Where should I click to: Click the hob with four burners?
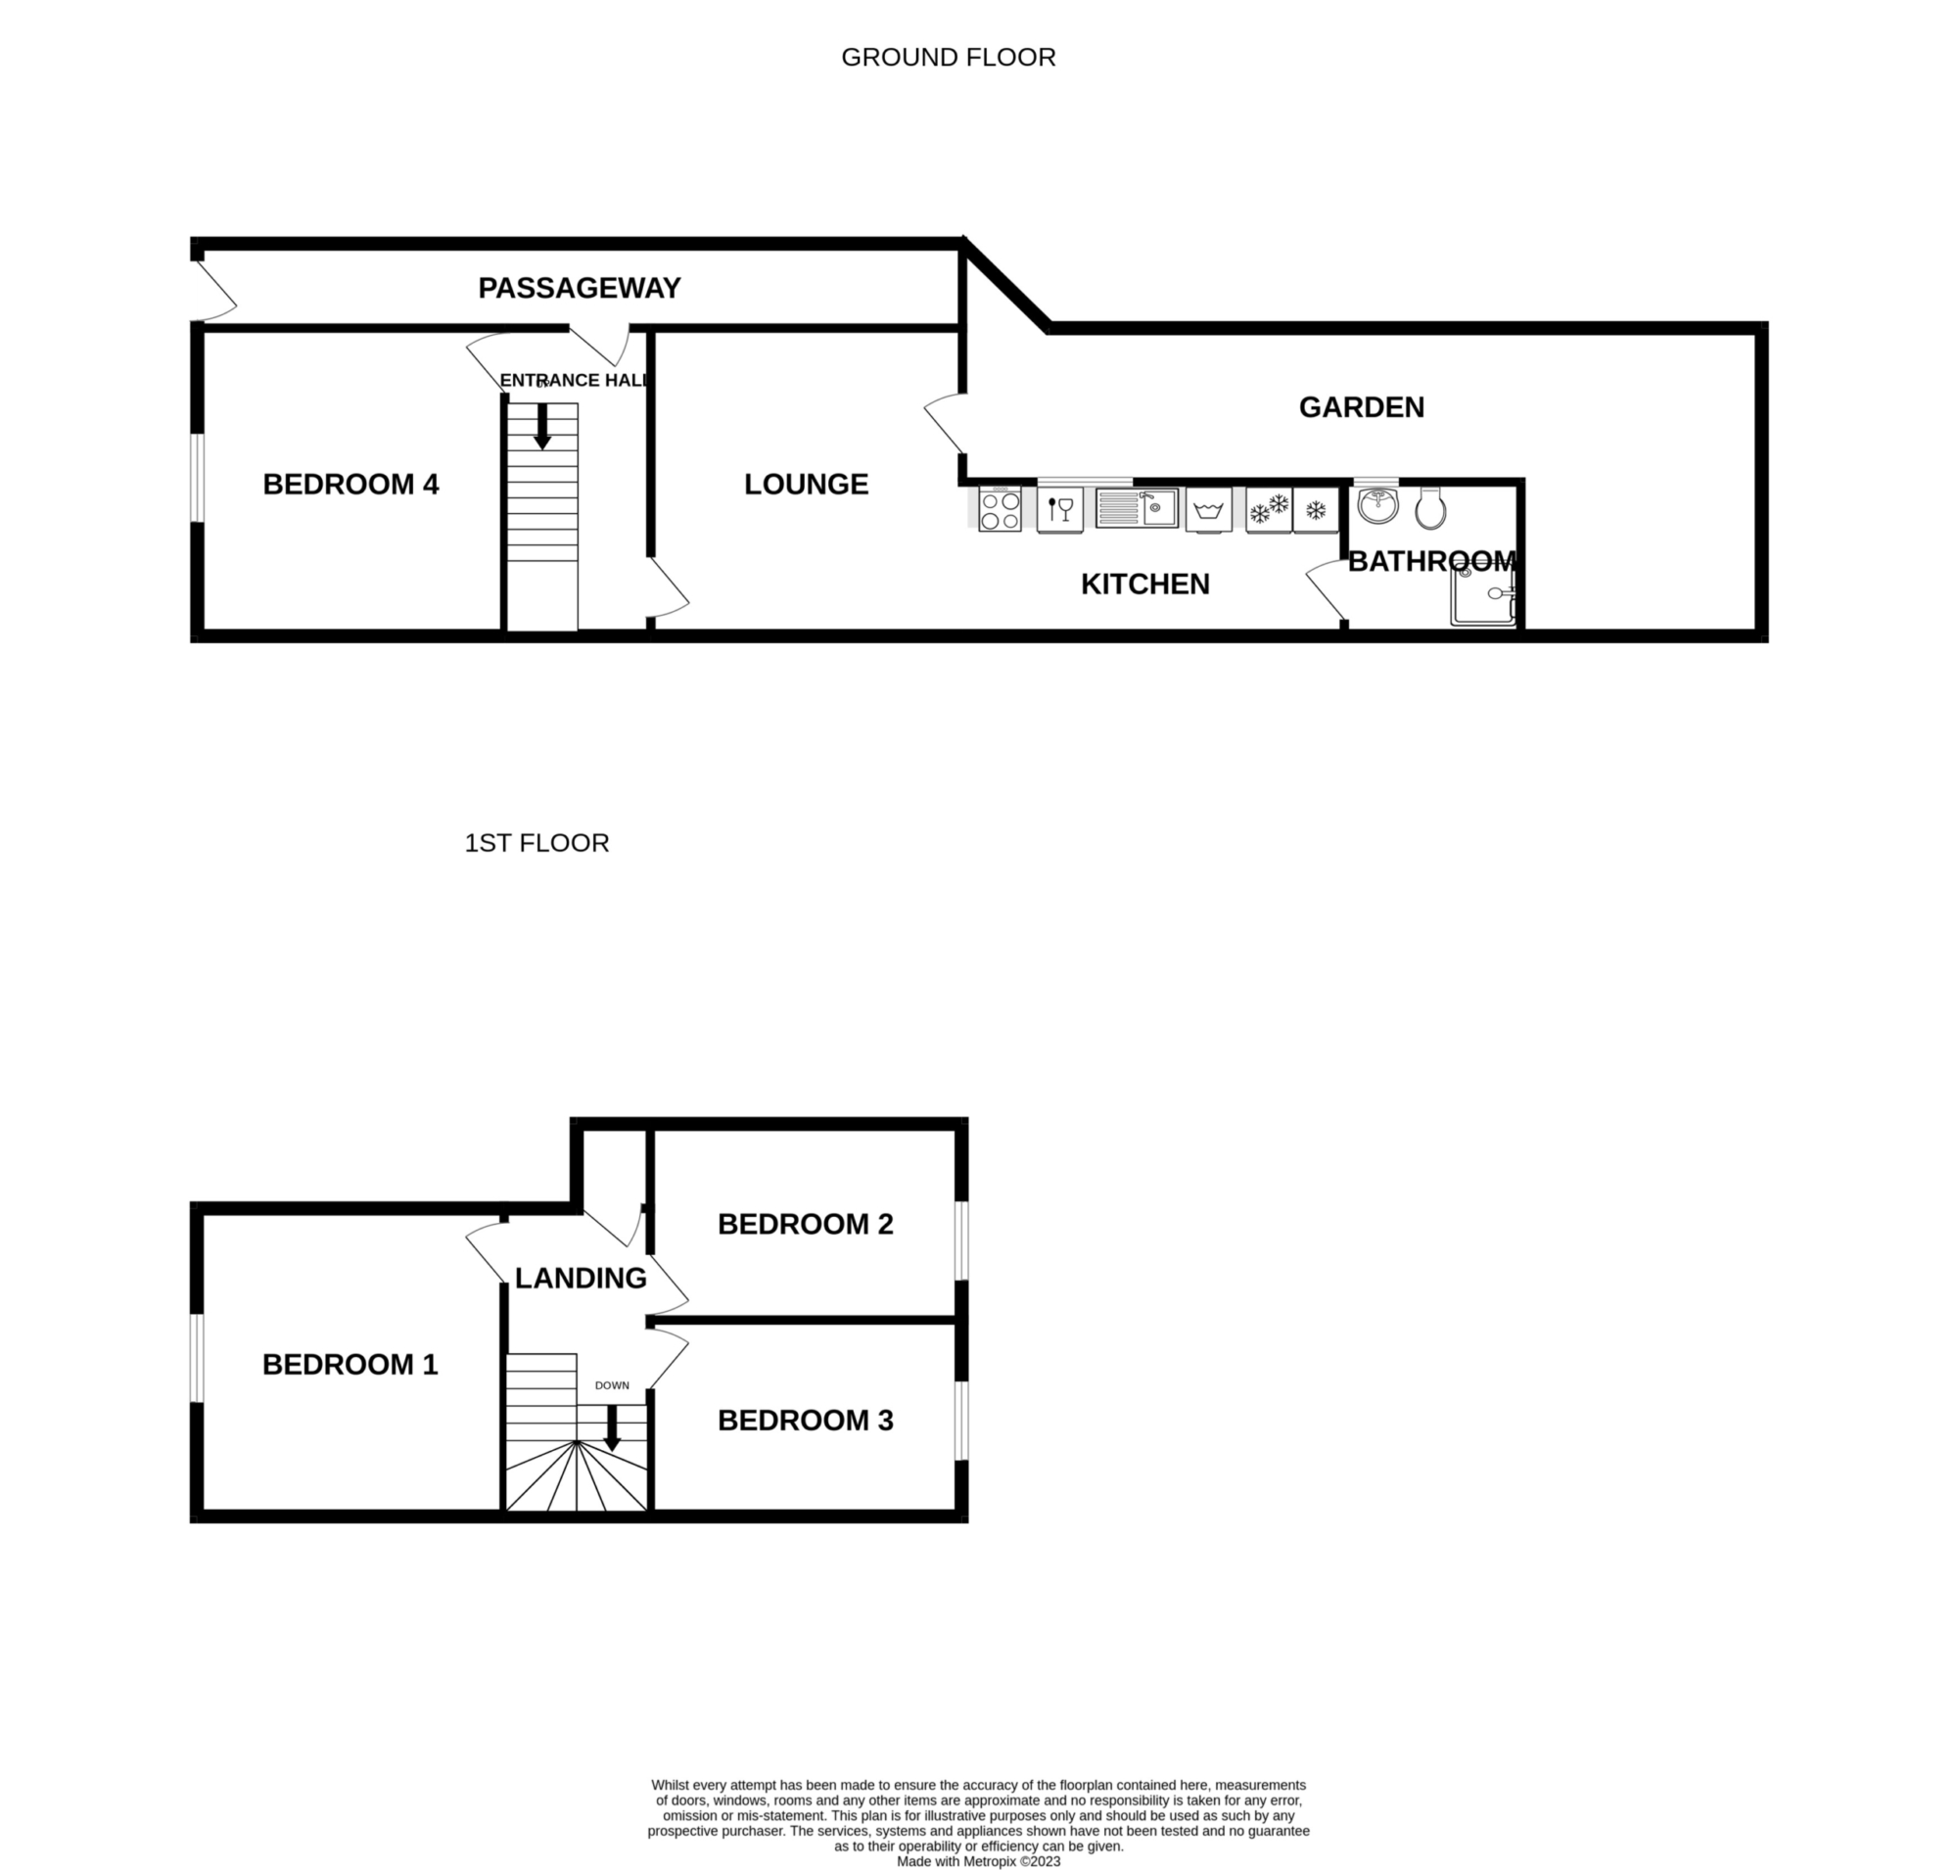999,509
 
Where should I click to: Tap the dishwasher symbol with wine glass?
1059,509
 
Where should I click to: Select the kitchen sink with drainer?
1137,507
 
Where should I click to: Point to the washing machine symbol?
1208,509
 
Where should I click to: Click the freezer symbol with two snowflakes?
1269,509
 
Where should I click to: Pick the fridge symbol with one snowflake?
1316,509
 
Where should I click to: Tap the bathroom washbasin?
1377,504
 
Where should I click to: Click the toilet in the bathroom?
1430,507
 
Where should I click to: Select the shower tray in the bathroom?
1483,595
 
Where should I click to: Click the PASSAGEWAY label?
580,288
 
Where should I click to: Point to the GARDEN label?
1361,406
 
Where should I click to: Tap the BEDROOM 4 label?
350,485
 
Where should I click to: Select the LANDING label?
582,1278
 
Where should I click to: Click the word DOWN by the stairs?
612,1385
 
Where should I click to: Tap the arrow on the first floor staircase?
612,1427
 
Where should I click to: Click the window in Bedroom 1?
198,1358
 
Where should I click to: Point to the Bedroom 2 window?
961,1241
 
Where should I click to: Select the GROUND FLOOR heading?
948,58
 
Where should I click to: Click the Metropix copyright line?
978,1861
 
